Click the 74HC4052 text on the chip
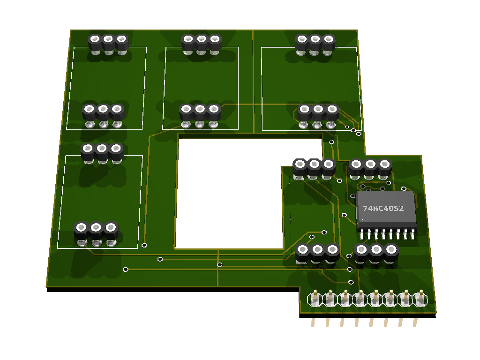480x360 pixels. pyautogui.click(x=383, y=209)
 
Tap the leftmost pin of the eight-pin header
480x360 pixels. pyautogui.click(x=314, y=300)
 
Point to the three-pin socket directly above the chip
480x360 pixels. pyautogui.click(x=370, y=169)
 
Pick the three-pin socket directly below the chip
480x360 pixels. pyautogui.click(x=376, y=254)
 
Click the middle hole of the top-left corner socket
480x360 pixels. pyautogui.click(x=108, y=39)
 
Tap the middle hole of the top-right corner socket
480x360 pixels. pyautogui.click(x=315, y=39)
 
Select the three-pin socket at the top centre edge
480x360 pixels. pyautogui.click(x=202, y=45)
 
